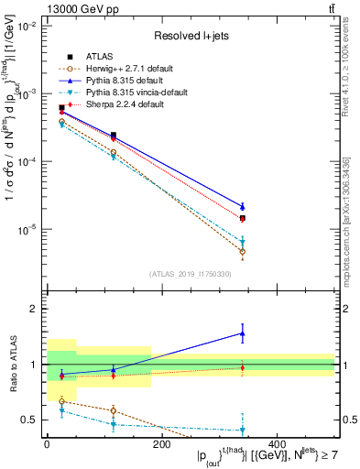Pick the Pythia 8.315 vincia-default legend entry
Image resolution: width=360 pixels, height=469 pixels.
click(129, 93)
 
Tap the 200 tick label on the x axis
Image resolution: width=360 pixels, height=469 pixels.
click(161, 445)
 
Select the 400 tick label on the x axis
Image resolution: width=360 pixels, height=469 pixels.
click(277, 445)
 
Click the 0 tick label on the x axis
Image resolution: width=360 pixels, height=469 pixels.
click(46, 445)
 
